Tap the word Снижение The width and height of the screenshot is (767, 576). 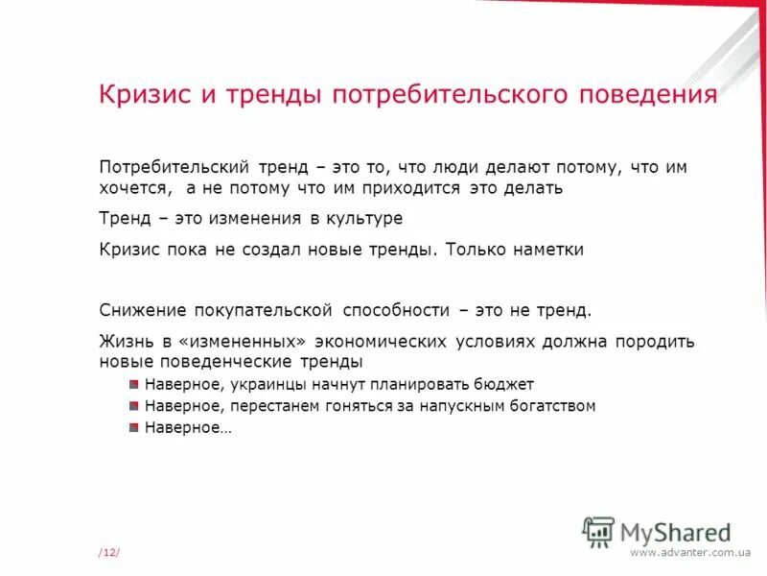coord(143,310)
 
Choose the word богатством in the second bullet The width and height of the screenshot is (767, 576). coord(549,406)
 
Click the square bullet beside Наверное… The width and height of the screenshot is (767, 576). coord(133,428)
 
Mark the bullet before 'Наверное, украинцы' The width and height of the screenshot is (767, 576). coord(133,384)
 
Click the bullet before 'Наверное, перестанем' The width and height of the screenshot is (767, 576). coord(133,406)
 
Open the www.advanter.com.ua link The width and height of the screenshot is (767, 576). coord(690,552)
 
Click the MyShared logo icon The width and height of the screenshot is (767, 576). coord(599,530)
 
